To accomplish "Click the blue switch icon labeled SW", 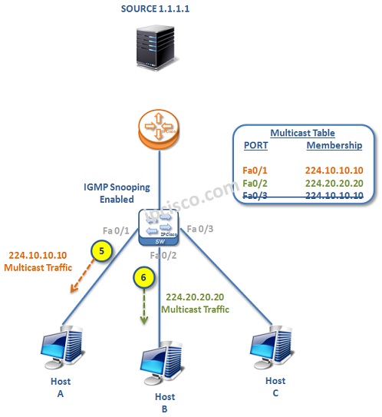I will click(x=159, y=227).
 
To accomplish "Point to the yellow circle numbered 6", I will click(x=142, y=277).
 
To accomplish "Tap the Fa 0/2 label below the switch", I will click(x=164, y=255).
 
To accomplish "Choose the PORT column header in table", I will click(x=255, y=145).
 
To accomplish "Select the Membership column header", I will click(x=334, y=145).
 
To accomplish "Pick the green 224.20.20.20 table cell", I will click(x=334, y=184).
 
